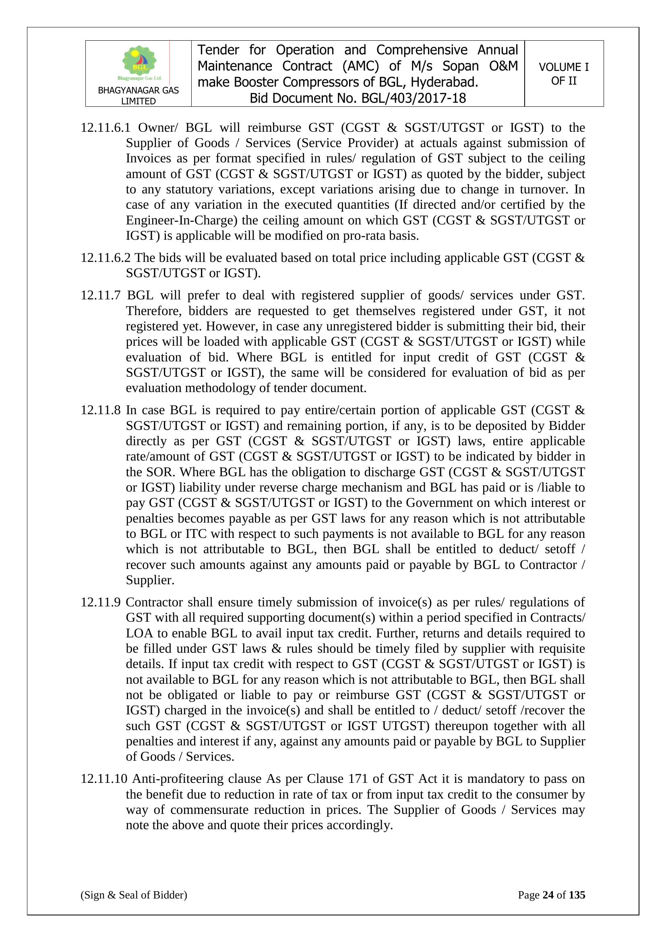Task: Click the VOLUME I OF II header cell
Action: click(563, 74)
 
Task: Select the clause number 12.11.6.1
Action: click(105, 128)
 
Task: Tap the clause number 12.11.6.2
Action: click(105, 258)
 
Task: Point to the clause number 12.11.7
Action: click(101, 295)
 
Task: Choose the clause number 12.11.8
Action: click(101, 410)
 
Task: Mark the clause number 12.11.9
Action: click(101, 602)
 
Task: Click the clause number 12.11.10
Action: click(104, 779)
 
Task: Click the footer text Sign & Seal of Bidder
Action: click(134, 895)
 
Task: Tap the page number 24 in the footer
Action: click(548, 895)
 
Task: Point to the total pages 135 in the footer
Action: click(577, 895)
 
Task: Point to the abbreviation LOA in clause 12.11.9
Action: click(139, 633)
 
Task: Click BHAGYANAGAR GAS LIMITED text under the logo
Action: click(138, 95)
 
